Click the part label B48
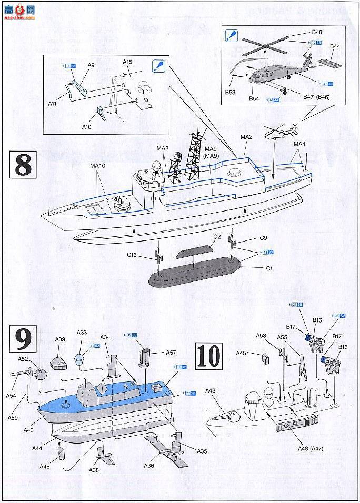317,32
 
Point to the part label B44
335,46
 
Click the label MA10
98,165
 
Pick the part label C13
133,255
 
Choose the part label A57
172,353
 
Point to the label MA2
247,137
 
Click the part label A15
127,62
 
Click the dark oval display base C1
195,274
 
